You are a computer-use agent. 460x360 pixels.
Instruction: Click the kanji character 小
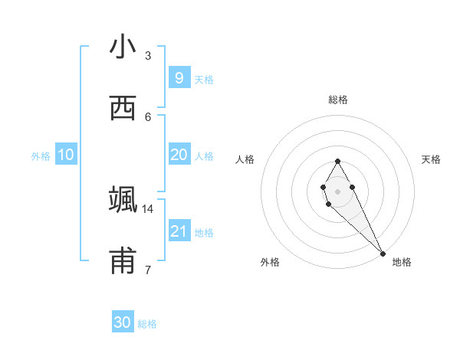(123, 47)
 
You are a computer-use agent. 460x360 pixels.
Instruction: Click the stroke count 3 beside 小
(148, 55)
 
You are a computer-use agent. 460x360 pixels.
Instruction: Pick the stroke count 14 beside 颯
(148, 208)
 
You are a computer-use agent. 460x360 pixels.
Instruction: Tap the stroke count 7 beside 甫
(148, 270)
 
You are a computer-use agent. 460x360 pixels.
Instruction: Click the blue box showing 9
(179, 77)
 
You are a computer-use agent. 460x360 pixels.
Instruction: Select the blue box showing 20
(179, 155)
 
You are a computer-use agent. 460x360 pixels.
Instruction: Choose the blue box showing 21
(179, 231)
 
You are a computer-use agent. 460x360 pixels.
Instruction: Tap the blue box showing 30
(123, 322)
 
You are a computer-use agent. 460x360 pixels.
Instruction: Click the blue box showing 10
(66, 155)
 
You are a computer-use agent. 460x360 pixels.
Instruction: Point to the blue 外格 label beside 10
(41, 155)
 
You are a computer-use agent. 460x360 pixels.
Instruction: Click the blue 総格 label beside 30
(147, 324)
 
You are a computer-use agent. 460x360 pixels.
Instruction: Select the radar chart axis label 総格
(338, 100)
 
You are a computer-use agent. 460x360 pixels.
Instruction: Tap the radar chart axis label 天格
(431, 159)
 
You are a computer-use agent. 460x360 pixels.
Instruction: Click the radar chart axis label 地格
(402, 262)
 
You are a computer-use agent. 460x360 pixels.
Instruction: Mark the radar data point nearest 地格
(383, 253)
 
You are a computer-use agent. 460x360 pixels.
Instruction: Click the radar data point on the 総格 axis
(337, 161)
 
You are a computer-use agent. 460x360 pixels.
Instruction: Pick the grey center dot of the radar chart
(337, 191)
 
